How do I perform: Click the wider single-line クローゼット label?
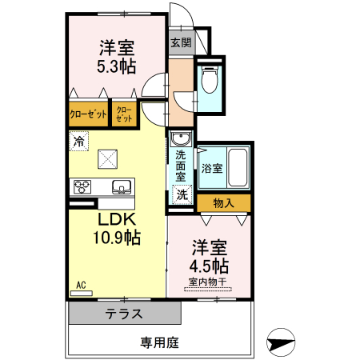[88, 114]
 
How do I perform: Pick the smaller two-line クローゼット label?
[125, 114]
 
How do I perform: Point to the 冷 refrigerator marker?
[78, 142]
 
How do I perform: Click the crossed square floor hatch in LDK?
[107, 158]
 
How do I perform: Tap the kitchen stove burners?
[82, 188]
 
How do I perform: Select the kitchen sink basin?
[122, 188]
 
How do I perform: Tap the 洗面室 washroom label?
[181, 164]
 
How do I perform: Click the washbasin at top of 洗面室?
[180, 137]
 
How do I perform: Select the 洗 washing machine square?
[182, 194]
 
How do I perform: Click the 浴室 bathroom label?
[212, 169]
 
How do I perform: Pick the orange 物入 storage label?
[223, 203]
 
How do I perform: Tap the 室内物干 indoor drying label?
[210, 282]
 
